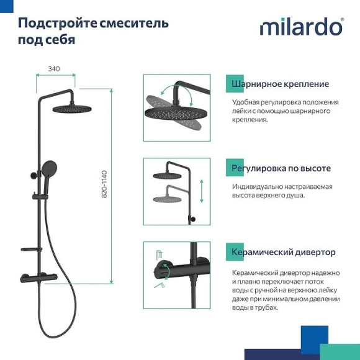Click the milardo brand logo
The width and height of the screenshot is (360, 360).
pos(300,27)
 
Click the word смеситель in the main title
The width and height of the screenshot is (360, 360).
pos(137,24)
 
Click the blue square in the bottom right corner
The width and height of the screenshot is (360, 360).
pos(314,340)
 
